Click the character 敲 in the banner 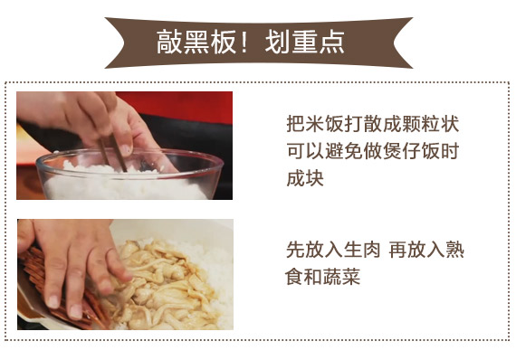pos(169,42)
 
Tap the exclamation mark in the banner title pos(244,42)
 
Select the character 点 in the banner pos(331,42)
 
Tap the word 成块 pos(305,178)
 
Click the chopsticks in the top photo pos(113,153)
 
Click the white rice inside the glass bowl pos(125,185)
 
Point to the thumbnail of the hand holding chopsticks pos(124,146)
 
